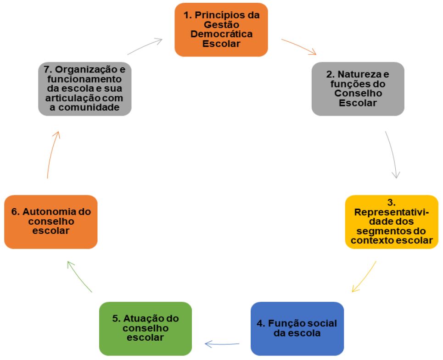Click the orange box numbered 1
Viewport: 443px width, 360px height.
(221, 30)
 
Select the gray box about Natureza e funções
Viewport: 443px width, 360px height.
(358, 89)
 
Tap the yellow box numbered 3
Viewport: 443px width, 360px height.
(392, 222)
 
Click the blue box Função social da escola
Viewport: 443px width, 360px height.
(297, 328)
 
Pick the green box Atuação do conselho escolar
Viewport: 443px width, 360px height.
(145, 328)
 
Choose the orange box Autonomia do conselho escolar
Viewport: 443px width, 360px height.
(51, 222)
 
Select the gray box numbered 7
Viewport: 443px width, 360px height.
(84, 89)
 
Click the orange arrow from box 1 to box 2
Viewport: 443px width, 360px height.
(299, 47)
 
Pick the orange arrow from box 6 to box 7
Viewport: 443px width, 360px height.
(52, 154)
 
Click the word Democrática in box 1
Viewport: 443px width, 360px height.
(221, 34)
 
